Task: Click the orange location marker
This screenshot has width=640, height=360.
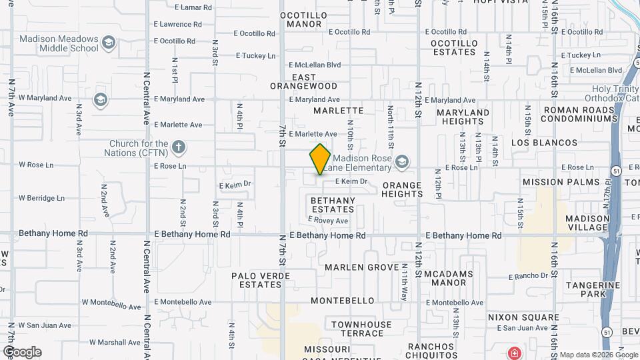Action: point(320,159)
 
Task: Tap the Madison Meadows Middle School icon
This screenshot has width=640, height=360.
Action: point(109,44)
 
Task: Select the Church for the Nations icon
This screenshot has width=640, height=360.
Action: point(178,147)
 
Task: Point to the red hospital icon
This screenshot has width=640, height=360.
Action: point(514,353)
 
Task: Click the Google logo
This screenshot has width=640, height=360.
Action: point(22,352)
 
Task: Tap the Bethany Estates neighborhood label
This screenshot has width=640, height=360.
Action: point(333,205)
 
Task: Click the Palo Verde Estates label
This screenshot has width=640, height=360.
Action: point(257,280)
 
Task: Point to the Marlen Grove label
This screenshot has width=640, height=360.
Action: point(361,267)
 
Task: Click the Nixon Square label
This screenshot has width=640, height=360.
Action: point(523,317)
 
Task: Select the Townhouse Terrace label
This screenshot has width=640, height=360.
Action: point(362,329)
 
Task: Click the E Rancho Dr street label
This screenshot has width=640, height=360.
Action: point(532,276)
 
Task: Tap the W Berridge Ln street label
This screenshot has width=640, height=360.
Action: point(41,198)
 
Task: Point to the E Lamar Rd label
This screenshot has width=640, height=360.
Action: point(193,7)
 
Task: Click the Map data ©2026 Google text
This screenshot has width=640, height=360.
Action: point(597,355)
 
